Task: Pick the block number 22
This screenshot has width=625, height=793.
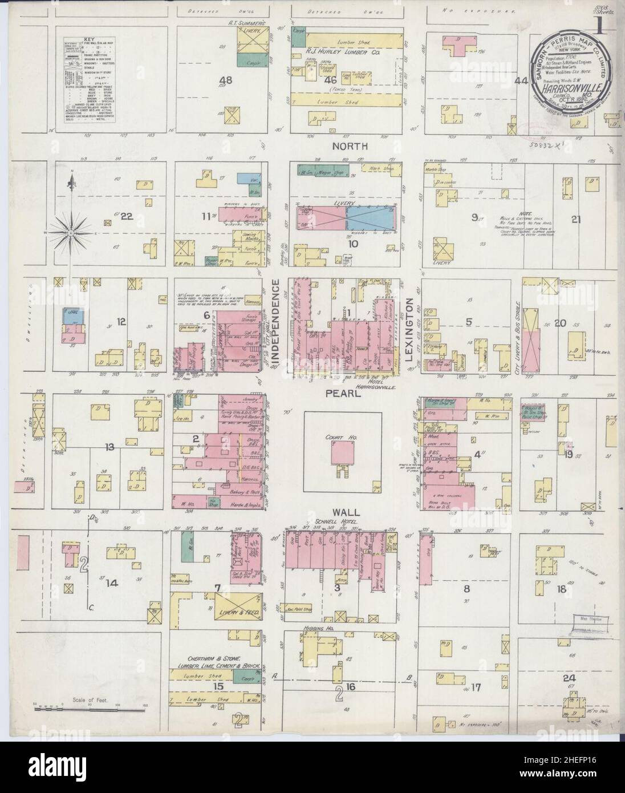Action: click(126, 216)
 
